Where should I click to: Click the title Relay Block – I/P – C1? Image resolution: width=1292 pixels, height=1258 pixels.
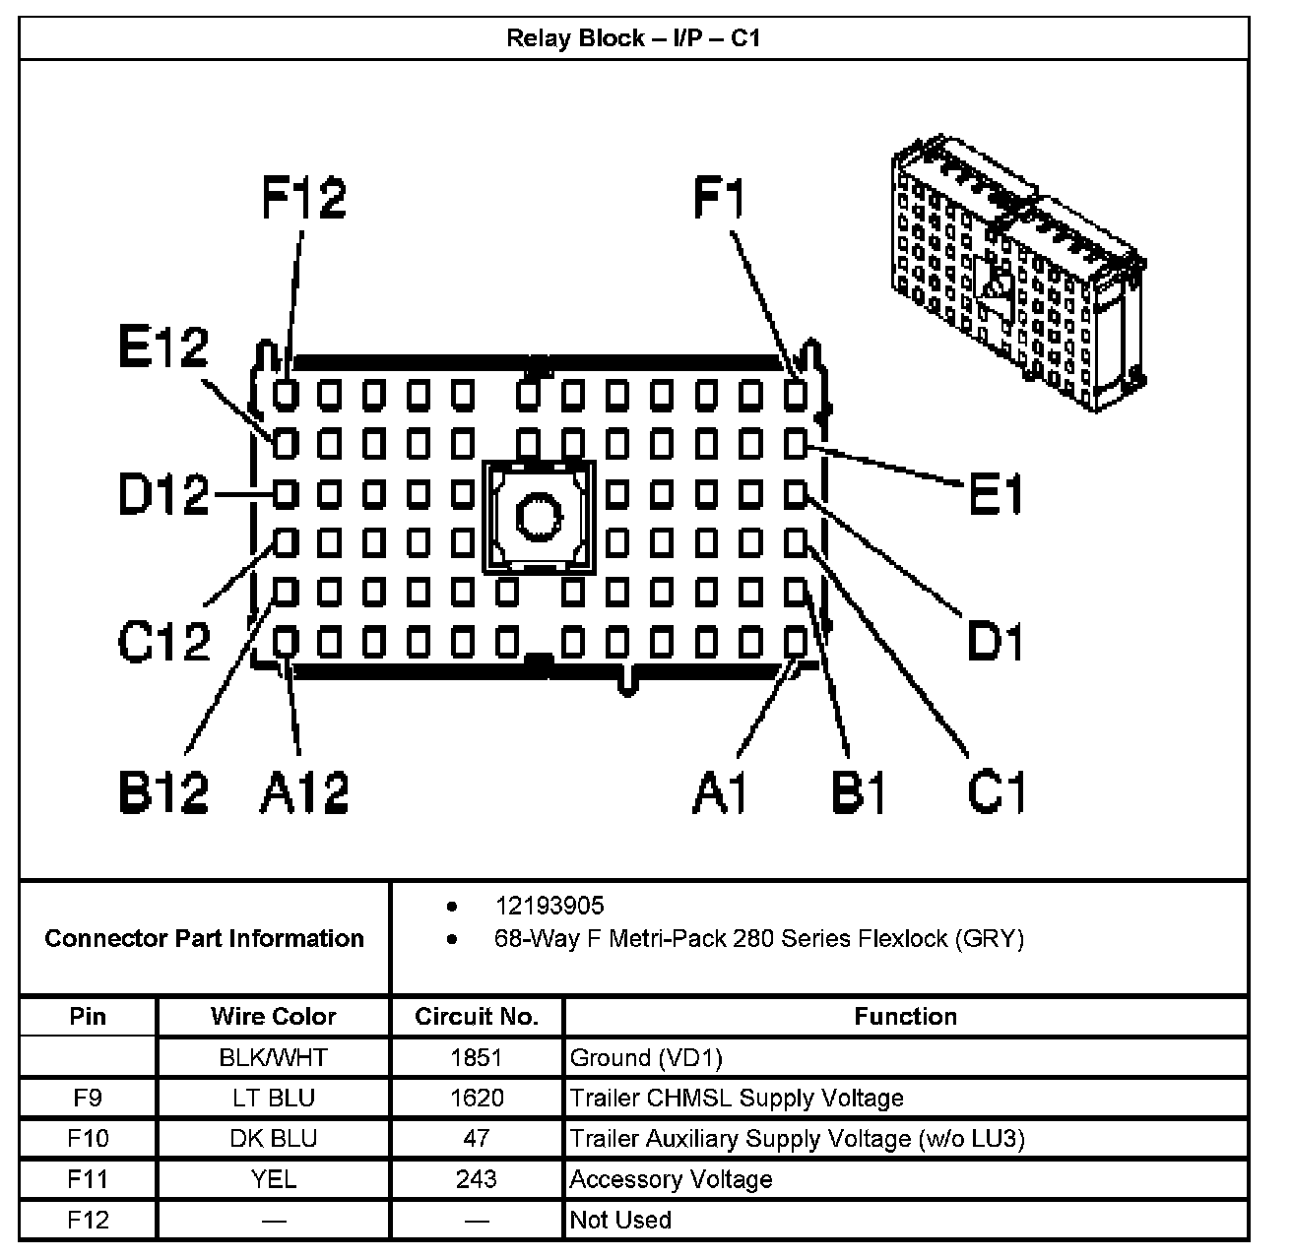633,38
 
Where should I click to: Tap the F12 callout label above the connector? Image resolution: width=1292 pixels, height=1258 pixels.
304,197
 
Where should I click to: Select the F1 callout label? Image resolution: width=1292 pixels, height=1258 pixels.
719,197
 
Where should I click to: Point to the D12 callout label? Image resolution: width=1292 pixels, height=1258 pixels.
163,495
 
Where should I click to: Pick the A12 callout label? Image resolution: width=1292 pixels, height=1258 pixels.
304,790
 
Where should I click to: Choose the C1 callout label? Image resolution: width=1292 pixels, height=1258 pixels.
997,790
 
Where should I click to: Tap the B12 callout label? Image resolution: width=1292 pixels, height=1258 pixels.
163,790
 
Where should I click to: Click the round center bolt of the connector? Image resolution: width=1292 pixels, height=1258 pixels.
538,517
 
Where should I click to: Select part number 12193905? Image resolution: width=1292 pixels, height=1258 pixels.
549,906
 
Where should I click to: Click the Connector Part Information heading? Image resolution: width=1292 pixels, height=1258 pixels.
204,938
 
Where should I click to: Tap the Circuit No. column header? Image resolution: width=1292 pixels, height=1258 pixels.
477,1017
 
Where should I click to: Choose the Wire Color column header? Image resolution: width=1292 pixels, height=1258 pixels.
273,1017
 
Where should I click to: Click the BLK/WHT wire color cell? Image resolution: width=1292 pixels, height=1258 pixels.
273,1058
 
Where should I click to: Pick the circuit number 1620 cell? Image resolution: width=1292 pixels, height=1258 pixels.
477,1098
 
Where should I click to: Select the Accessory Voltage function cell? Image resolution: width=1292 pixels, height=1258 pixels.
671,1179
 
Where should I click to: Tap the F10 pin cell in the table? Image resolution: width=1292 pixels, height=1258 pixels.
88,1139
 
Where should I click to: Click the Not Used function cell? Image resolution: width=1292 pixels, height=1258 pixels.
620,1220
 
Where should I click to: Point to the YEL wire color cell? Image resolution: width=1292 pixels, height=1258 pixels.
273,1179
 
